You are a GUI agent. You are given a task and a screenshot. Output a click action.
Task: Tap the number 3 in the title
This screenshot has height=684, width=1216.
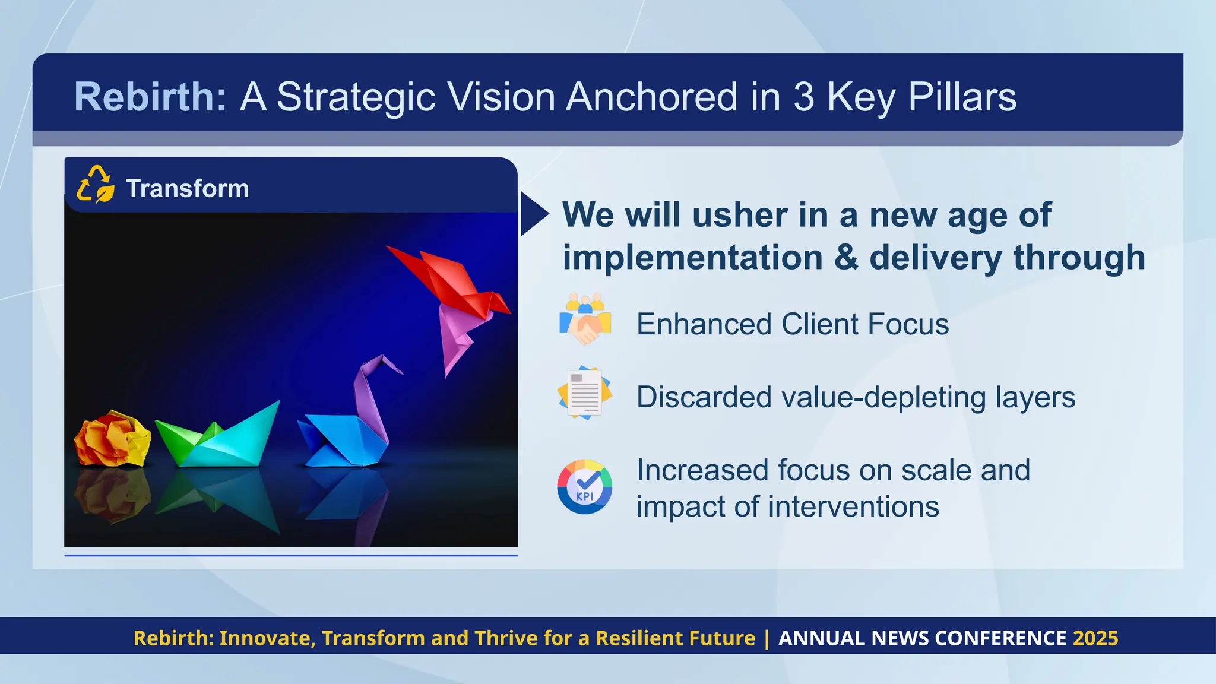click(x=803, y=97)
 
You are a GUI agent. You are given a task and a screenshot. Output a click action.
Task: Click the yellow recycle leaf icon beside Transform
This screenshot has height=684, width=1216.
click(x=96, y=185)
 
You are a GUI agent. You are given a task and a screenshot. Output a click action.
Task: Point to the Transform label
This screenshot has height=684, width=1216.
click(x=188, y=189)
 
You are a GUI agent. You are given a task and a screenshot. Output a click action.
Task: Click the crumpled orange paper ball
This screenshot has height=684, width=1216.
click(x=112, y=438)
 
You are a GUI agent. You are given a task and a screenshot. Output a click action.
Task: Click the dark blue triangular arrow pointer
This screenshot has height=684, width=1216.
click(x=533, y=214)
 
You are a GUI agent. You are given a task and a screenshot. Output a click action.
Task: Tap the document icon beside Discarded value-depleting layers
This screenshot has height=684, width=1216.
click(x=585, y=392)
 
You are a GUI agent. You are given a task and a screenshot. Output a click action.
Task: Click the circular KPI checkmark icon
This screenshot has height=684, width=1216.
click(x=585, y=487)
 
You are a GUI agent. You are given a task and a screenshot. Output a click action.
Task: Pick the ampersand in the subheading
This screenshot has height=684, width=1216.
click(x=846, y=258)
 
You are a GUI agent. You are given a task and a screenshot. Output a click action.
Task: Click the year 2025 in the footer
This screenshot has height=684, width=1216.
click(x=1095, y=638)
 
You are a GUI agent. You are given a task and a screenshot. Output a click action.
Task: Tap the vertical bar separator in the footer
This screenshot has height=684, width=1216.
click(x=767, y=638)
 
